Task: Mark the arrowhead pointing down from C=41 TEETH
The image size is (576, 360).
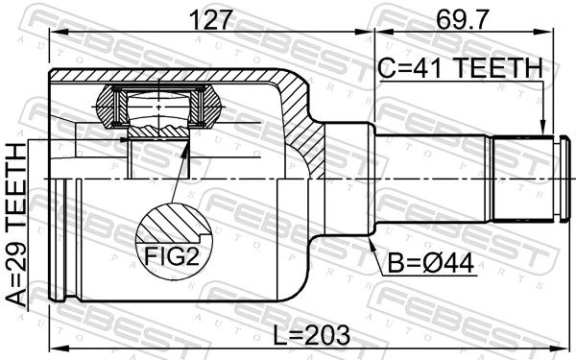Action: tap(543, 130)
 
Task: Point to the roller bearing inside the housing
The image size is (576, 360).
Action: tap(157, 108)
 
